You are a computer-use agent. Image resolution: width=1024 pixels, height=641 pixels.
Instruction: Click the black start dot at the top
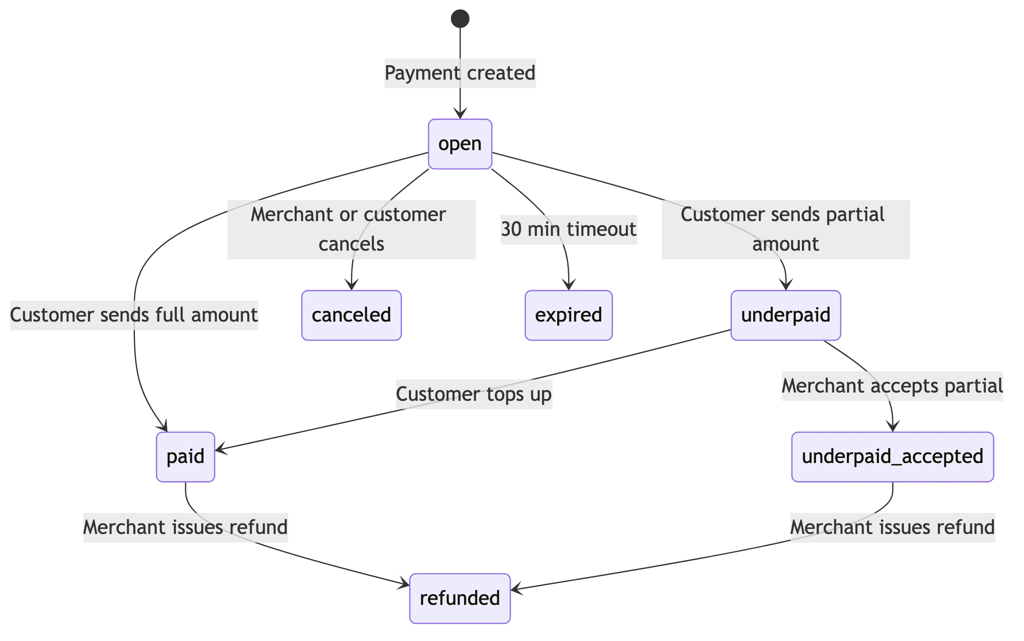(x=460, y=18)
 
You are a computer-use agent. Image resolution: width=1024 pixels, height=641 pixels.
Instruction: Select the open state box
(x=460, y=144)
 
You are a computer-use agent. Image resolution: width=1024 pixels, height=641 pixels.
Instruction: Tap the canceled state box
(x=351, y=315)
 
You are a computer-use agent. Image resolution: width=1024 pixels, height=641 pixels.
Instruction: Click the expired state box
(x=568, y=315)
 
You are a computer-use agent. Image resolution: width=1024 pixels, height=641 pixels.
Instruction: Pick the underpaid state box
(x=786, y=315)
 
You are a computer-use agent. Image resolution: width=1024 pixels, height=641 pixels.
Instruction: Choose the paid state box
(x=185, y=457)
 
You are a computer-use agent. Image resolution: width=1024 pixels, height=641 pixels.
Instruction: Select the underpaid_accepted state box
(x=893, y=457)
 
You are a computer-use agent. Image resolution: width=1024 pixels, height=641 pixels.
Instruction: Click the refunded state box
(x=460, y=598)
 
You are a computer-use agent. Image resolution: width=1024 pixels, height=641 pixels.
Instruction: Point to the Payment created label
(x=460, y=73)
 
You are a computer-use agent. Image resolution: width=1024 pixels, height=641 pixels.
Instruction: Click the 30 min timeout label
(x=568, y=230)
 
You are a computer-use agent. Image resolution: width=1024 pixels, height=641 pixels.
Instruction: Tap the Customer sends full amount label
(x=134, y=315)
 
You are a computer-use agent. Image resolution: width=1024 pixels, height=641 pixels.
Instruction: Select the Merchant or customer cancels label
(x=351, y=229)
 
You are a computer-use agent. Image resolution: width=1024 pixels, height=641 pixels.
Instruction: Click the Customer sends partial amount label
(x=785, y=229)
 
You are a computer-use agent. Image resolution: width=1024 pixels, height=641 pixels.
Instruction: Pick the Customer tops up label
(x=474, y=394)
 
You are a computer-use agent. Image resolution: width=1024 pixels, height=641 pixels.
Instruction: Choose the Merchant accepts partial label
(x=893, y=386)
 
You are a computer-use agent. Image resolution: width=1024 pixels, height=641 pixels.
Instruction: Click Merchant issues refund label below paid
(x=185, y=527)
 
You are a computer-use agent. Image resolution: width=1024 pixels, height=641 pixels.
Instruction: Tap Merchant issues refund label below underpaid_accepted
(x=893, y=527)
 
